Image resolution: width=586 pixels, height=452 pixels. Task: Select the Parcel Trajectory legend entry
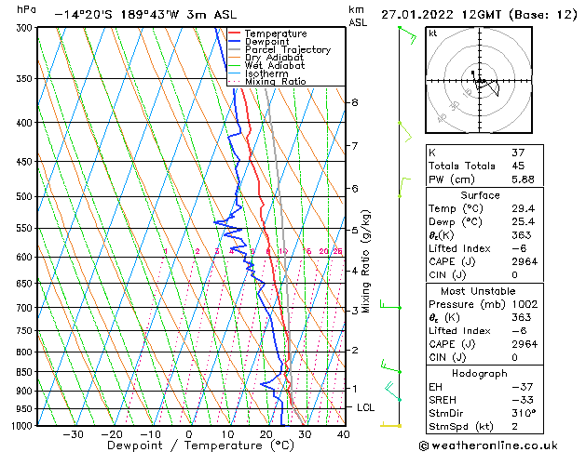287,50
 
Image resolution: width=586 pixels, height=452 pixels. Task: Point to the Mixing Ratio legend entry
275,82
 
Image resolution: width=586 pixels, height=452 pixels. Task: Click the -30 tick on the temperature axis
72,434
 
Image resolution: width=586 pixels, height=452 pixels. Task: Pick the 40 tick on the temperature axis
343,434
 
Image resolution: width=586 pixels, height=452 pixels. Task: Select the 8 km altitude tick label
355,102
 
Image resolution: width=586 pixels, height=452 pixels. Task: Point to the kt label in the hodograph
433,33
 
